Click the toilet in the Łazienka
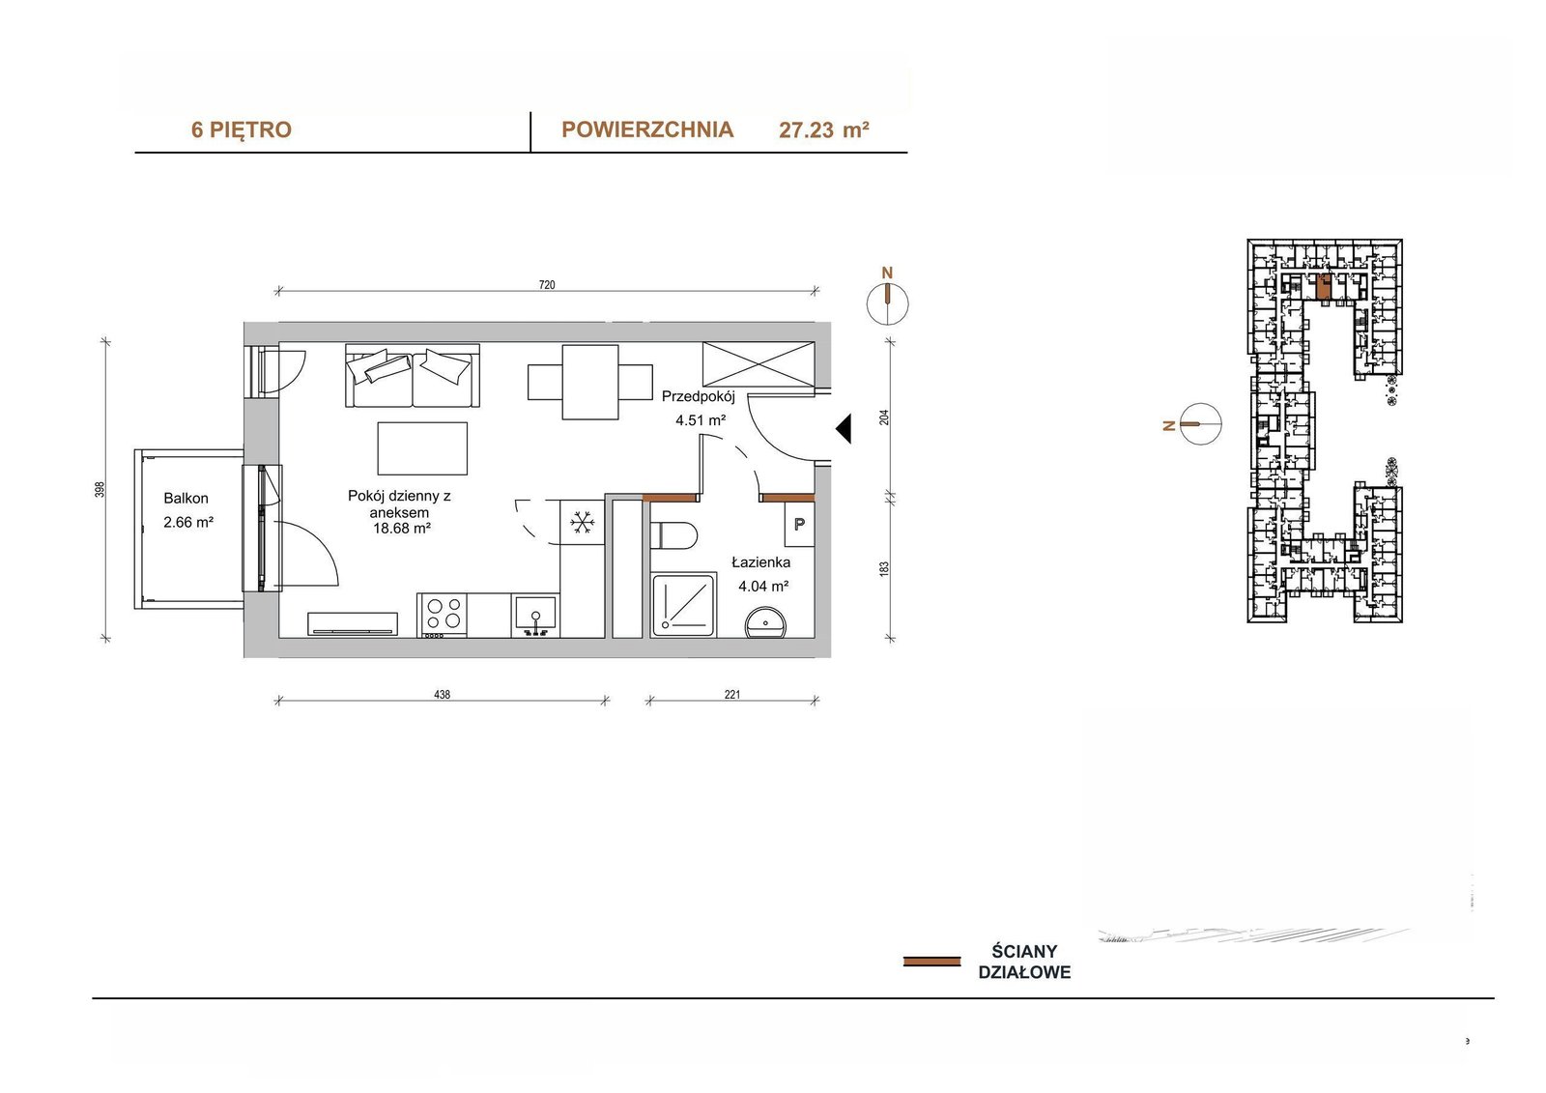point(674,535)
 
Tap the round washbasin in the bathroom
point(765,622)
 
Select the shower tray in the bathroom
point(683,605)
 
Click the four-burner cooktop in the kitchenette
point(443,615)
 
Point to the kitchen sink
point(535,616)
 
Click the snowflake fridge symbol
point(583,522)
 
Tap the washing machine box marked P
point(799,524)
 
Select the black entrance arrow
point(844,429)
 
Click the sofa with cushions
point(413,376)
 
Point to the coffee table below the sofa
point(422,448)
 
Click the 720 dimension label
point(547,284)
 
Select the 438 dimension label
point(442,695)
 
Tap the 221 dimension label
point(732,695)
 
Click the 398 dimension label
point(100,490)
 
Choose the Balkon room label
point(186,498)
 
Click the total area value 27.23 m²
point(824,129)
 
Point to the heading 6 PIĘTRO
point(242,129)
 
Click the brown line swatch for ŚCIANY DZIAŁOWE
point(931,962)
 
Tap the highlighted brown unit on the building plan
point(1323,287)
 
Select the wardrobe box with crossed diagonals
point(759,364)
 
